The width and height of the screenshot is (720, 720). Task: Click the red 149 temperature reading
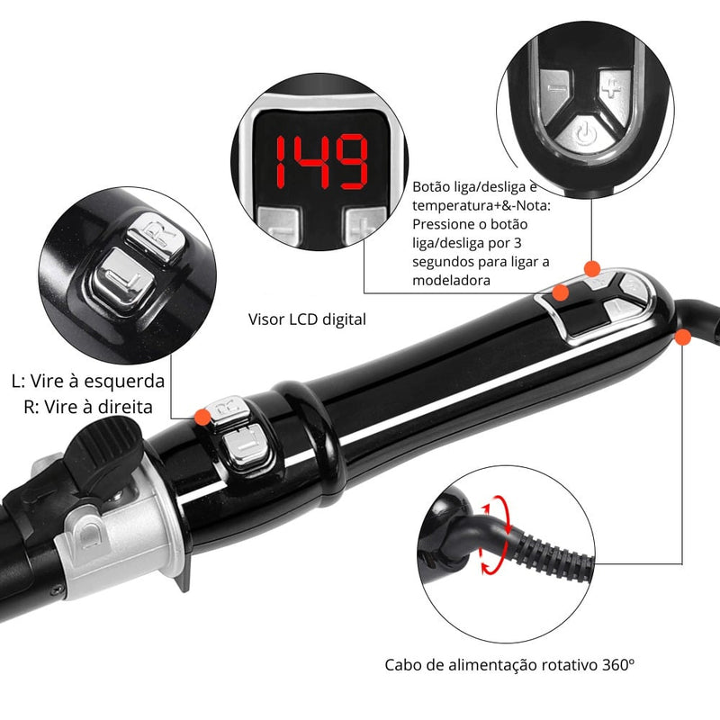[x=321, y=162]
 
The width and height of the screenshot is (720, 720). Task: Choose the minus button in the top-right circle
[x=555, y=91]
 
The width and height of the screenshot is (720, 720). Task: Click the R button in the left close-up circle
[x=156, y=237]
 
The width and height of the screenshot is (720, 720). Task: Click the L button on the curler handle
[x=246, y=446]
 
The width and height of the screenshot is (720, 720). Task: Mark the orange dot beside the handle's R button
[x=202, y=417]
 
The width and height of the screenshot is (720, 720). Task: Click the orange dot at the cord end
[x=683, y=337]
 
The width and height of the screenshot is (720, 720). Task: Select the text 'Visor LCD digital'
[x=307, y=319]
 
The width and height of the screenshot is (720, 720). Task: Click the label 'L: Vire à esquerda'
[x=88, y=381]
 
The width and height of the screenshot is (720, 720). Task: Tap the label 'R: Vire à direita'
[x=88, y=407]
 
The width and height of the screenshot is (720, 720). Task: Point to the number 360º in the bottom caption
[x=617, y=664]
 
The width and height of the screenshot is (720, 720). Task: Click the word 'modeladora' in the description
[x=451, y=280]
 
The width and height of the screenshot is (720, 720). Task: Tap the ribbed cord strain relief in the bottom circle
[x=554, y=553]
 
